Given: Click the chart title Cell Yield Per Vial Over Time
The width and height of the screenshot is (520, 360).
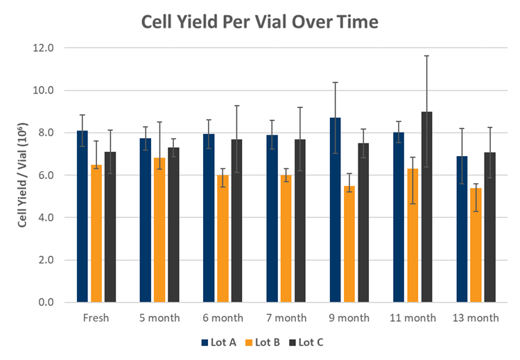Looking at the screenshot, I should pyautogui.click(x=260, y=22).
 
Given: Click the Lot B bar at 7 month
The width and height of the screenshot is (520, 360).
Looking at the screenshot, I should pyautogui.click(x=286, y=239).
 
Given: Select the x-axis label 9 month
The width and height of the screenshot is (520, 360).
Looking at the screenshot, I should pyautogui.click(x=349, y=318).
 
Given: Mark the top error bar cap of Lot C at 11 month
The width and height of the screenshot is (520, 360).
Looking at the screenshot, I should pyautogui.click(x=427, y=55).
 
